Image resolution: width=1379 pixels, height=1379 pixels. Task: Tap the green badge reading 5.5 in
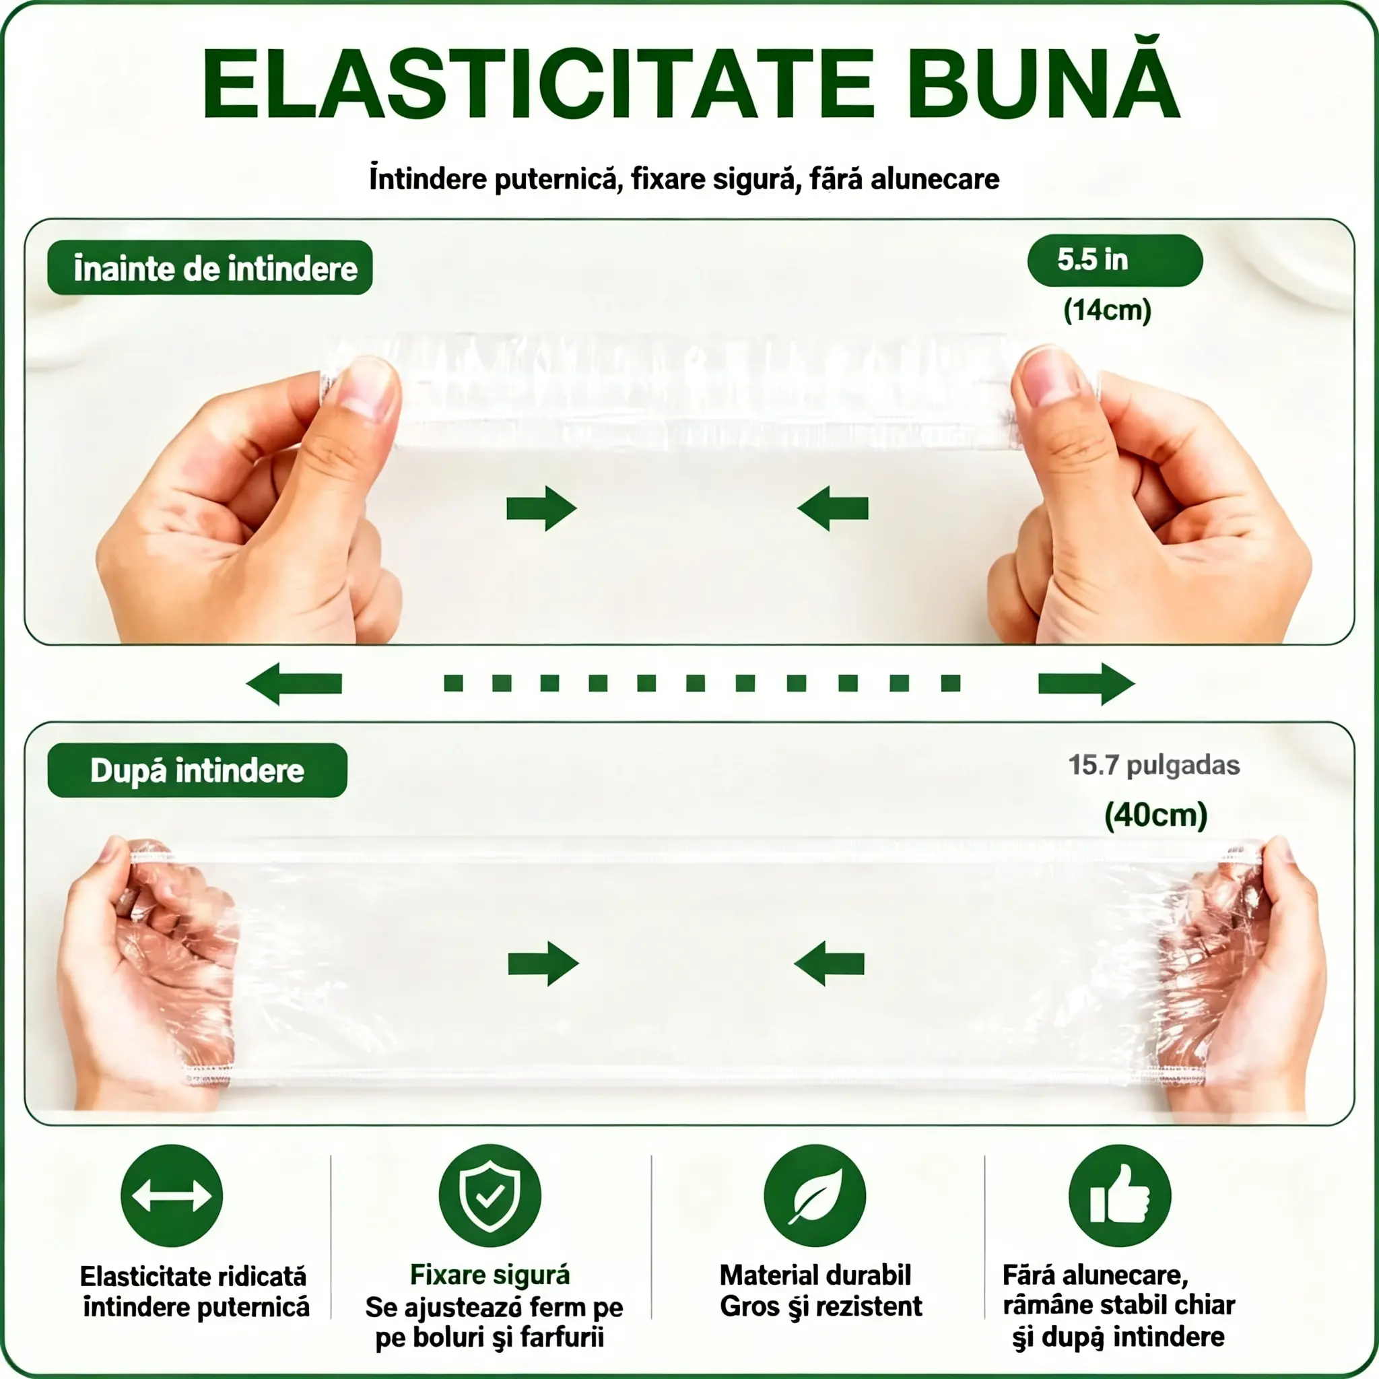[x=1114, y=260]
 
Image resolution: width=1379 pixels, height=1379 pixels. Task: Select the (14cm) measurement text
[x=1107, y=310]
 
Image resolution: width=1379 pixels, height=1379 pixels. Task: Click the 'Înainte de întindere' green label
[x=210, y=268]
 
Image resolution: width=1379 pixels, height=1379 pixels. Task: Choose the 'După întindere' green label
[x=198, y=770]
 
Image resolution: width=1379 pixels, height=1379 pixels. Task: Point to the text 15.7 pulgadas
[x=1153, y=765]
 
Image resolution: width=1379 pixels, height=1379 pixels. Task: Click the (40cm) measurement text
[x=1155, y=815]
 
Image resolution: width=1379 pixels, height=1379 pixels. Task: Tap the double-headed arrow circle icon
[x=172, y=1196]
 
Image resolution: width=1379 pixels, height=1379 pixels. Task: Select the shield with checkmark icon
[x=490, y=1196]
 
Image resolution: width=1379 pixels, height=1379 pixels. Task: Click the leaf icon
[x=815, y=1196]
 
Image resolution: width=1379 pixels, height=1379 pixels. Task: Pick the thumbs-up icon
[x=1119, y=1196]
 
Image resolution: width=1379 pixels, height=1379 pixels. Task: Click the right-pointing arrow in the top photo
[x=541, y=509]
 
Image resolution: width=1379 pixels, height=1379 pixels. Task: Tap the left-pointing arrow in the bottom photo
[x=829, y=963]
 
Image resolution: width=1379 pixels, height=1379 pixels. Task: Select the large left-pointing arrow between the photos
[x=294, y=684]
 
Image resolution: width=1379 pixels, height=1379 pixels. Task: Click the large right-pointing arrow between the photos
[x=1086, y=684]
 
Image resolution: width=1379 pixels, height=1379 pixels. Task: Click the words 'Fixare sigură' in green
[x=490, y=1274]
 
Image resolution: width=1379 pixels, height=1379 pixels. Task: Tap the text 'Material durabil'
[x=815, y=1275]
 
